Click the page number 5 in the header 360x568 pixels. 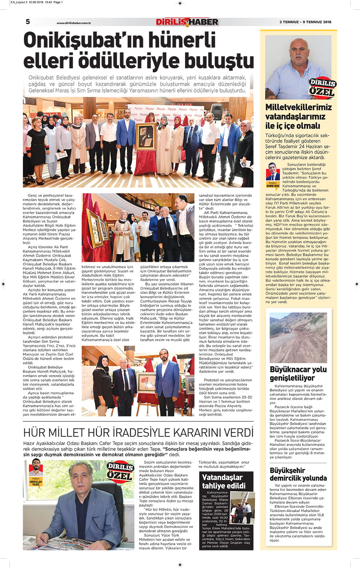[28, 22]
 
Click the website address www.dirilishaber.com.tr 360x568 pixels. [73, 23]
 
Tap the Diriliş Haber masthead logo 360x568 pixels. [187, 22]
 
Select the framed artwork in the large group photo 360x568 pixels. [145, 137]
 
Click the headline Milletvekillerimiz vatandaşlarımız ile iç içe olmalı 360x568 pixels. [298, 116]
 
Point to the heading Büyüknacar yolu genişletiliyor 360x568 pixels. [298, 373]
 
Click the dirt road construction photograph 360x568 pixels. [298, 338]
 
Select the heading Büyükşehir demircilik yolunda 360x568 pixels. [298, 474]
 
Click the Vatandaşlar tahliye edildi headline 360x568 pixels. [224, 481]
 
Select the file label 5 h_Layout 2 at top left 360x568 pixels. [22, 2]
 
